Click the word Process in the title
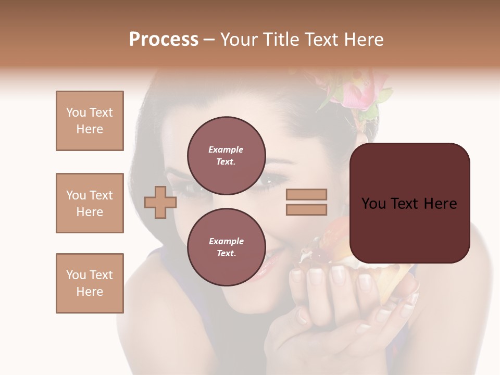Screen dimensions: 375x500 coord(164,40)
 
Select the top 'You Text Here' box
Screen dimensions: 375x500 coord(90,121)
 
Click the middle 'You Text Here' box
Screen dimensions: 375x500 coord(90,203)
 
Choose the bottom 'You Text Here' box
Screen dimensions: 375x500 coord(90,283)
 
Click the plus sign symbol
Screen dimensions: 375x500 coord(160,202)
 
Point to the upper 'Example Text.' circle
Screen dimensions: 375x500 coord(226,156)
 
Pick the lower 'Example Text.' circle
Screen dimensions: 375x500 coord(226,247)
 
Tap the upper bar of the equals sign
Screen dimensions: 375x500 coord(306,195)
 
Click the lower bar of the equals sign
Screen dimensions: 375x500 coord(306,209)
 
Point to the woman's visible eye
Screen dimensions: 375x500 coord(270,182)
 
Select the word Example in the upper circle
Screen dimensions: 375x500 coord(226,149)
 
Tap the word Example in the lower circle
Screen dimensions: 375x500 coord(226,241)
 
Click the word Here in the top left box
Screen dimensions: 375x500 coord(90,129)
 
